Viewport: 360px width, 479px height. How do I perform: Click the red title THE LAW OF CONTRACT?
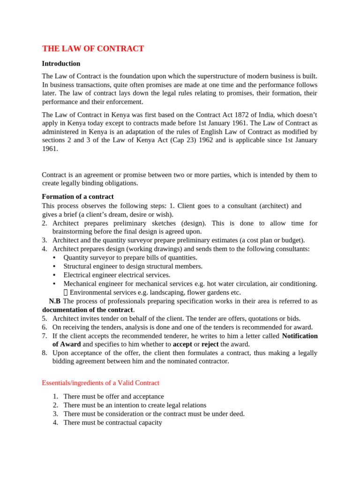click(93, 49)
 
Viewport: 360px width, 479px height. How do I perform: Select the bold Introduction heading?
click(61, 64)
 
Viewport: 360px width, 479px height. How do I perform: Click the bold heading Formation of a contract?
click(78, 196)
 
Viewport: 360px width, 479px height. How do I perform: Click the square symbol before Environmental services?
click(66, 292)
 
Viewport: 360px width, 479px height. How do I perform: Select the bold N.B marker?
click(54, 301)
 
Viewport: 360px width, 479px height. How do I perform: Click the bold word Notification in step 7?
click(300, 336)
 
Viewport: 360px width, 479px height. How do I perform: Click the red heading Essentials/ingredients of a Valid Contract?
click(100, 383)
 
